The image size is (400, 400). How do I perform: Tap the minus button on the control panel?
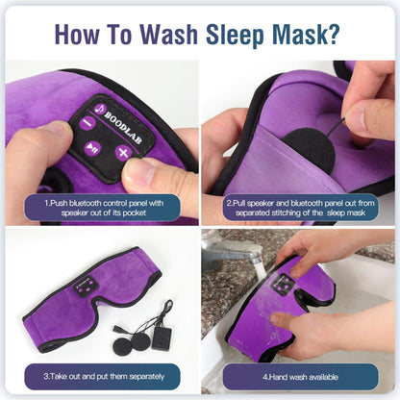pos(86,122)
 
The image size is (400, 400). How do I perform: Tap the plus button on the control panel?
pos(123,152)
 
